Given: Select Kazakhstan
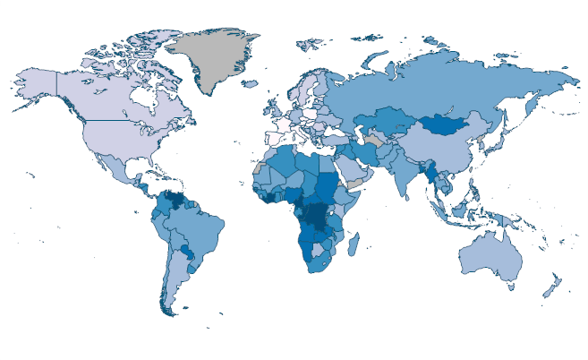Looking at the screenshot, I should [385, 121].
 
